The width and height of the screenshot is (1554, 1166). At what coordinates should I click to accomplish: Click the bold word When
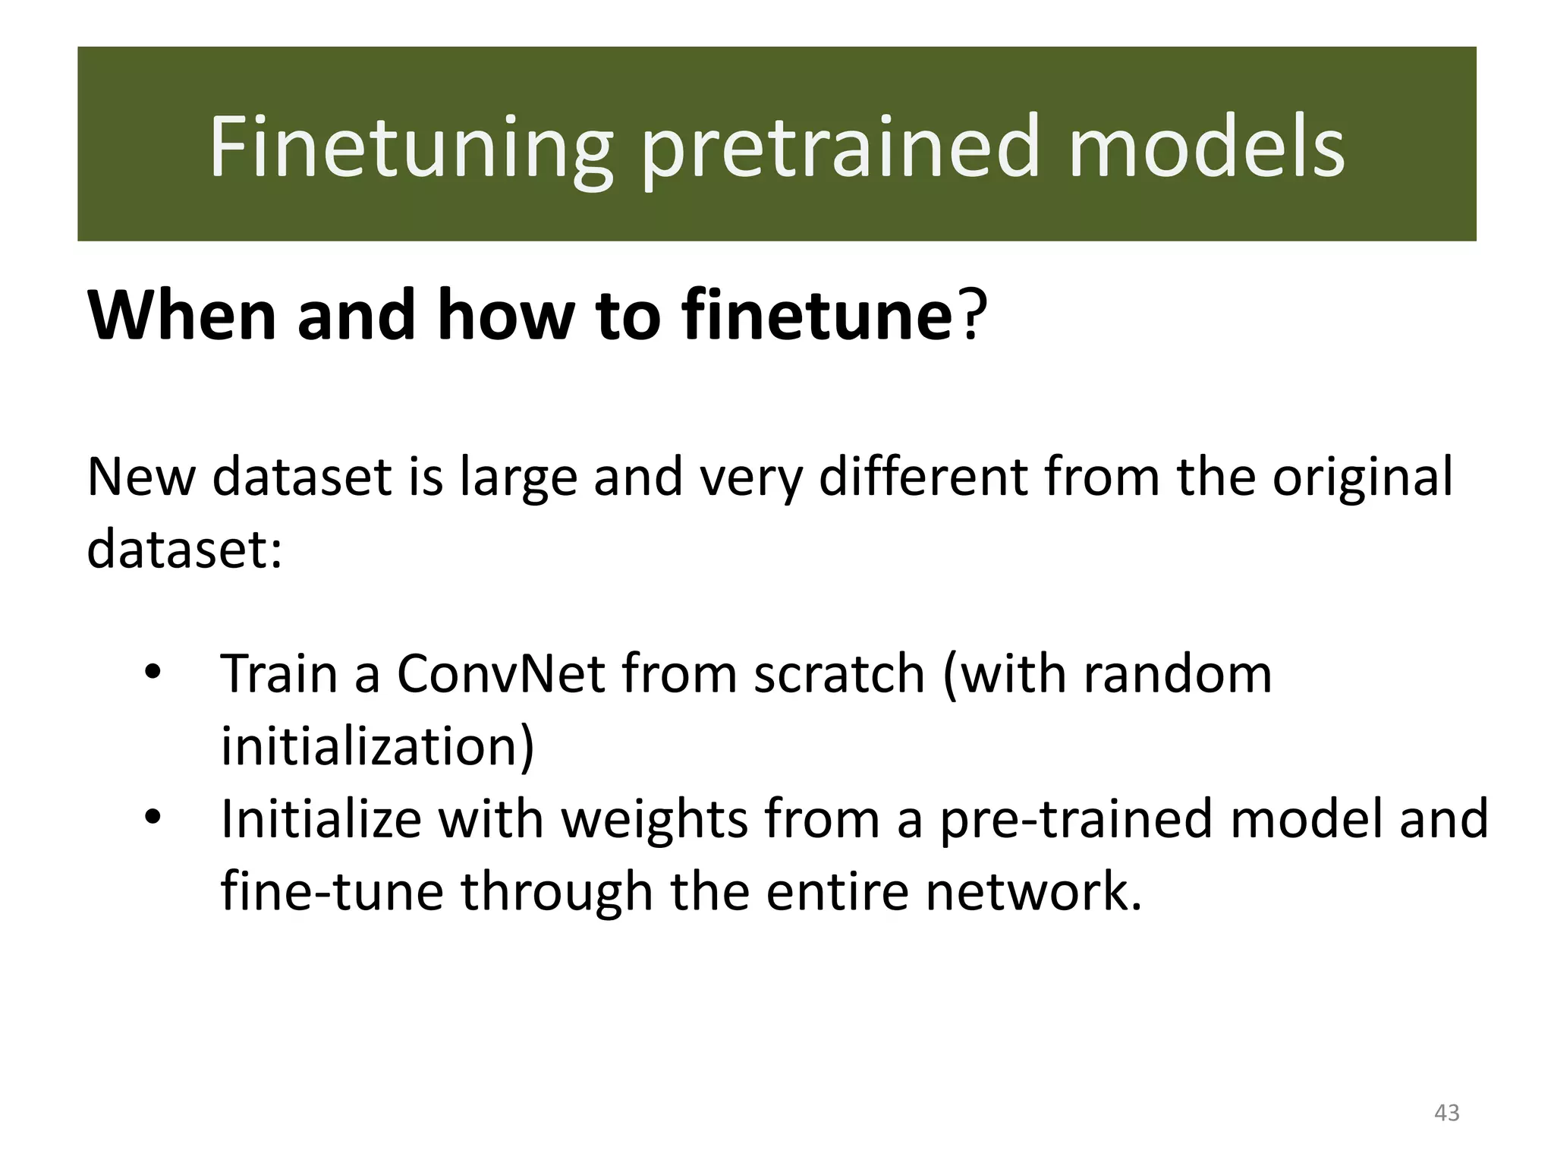coord(182,315)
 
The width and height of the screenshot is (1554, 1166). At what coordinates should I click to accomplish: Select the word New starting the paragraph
coord(141,477)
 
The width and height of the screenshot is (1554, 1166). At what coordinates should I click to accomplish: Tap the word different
coord(923,477)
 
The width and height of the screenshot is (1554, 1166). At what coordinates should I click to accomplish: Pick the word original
coord(1362,477)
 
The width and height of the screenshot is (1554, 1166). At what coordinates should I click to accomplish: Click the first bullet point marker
coord(153,672)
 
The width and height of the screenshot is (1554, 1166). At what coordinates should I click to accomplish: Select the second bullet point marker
coord(153,818)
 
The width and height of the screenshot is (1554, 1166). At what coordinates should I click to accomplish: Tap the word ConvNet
coord(501,673)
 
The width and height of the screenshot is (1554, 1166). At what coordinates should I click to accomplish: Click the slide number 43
coord(1446,1112)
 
